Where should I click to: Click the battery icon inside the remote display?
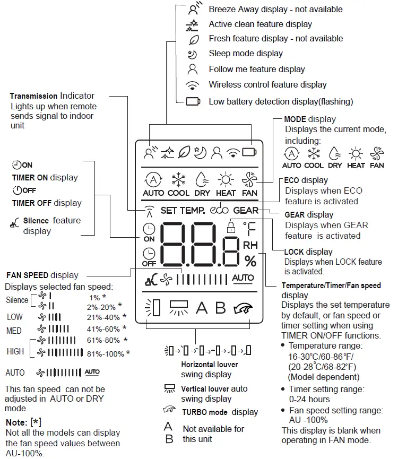(x=248, y=152)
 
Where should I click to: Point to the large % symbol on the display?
(x=250, y=261)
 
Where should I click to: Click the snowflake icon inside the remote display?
(x=178, y=179)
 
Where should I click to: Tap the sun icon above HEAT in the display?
(x=226, y=179)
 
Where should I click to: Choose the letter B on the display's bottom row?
(x=220, y=308)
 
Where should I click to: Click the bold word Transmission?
(x=34, y=96)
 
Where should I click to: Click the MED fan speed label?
(x=14, y=331)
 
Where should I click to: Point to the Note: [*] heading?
(x=23, y=422)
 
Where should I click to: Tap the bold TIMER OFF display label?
(x=32, y=203)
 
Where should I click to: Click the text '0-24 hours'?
(x=309, y=399)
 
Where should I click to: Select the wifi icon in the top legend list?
(x=193, y=85)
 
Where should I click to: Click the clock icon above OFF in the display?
(x=149, y=253)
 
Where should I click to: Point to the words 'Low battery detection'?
(x=246, y=101)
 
